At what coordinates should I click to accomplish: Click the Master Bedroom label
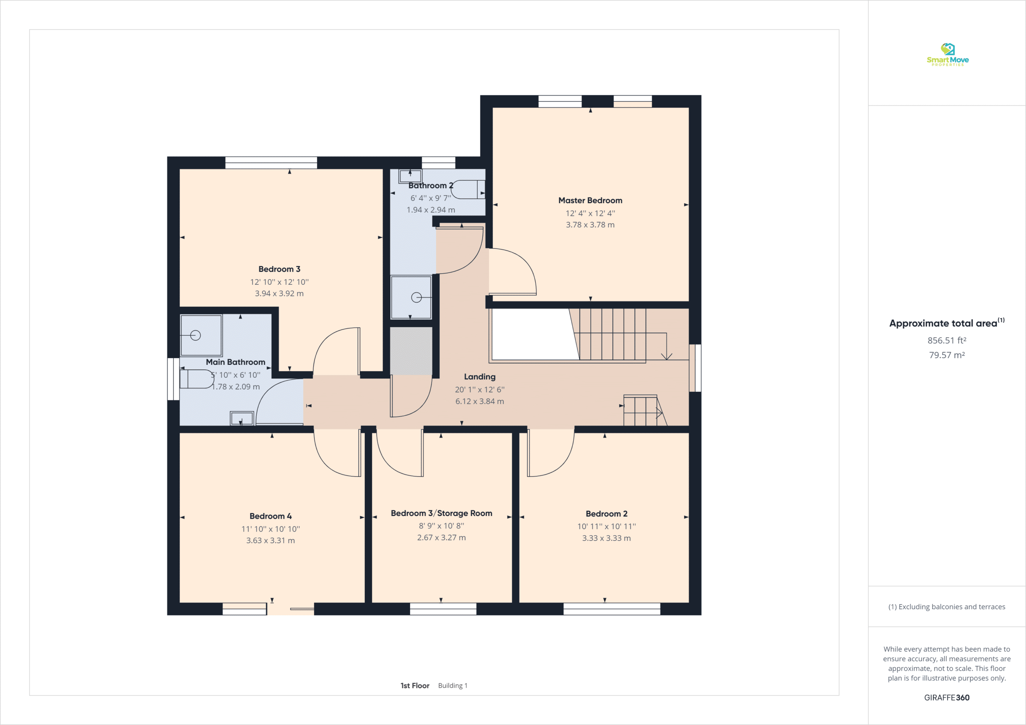click(x=590, y=201)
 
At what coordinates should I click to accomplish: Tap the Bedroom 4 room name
click(x=271, y=516)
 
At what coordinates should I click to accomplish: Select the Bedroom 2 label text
click(x=606, y=514)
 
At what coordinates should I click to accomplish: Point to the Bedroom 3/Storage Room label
click(x=442, y=513)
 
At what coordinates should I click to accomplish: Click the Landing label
click(x=479, y=377)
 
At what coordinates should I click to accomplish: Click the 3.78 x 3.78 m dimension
click(x=590, y=225)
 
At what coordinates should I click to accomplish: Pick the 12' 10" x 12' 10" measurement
click(x=279, y=282)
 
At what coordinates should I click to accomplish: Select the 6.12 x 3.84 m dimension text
click(x=479, y=401)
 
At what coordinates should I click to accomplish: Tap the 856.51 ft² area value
click(x=947, y=340)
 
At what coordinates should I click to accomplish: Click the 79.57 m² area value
click(x=947, y=355)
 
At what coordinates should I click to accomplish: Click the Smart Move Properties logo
click(x=947, y=54)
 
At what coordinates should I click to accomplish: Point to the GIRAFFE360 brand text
click(x=947, y=697)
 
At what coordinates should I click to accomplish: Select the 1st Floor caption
click(x=415, y=685)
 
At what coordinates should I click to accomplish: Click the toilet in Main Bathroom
click(x=197, y=379)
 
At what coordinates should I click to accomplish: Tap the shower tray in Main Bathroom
click(x=201, y=335)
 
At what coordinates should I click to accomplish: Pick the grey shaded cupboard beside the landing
click(x=411, y=351)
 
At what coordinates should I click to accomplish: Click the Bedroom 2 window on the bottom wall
click(x=612, y=608)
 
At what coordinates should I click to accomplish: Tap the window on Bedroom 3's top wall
click(x=271, y=163)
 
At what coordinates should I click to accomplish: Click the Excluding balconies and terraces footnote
click(x=947, y=606)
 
